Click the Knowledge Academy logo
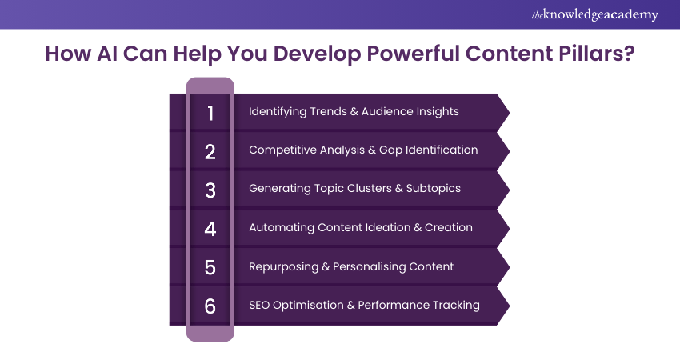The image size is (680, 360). click(x=594, y=14)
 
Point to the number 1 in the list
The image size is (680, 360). click(x=210, y=114)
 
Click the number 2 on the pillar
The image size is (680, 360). click(x=210, y=152)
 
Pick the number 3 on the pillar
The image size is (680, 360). click(x=210, y=190)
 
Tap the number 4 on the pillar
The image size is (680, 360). click(x=210, y=229)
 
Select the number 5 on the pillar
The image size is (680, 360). click(x=210, y=268)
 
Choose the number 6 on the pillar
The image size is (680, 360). click(x=210, y=306)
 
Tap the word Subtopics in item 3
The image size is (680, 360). click(x=434, y=189)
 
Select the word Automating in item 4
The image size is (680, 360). click(x=282, y=228)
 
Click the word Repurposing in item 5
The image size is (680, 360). click(x=284, y=266)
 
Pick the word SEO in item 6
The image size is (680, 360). click(x=259, y=306)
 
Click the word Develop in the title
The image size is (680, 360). click(x=317, y=54)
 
